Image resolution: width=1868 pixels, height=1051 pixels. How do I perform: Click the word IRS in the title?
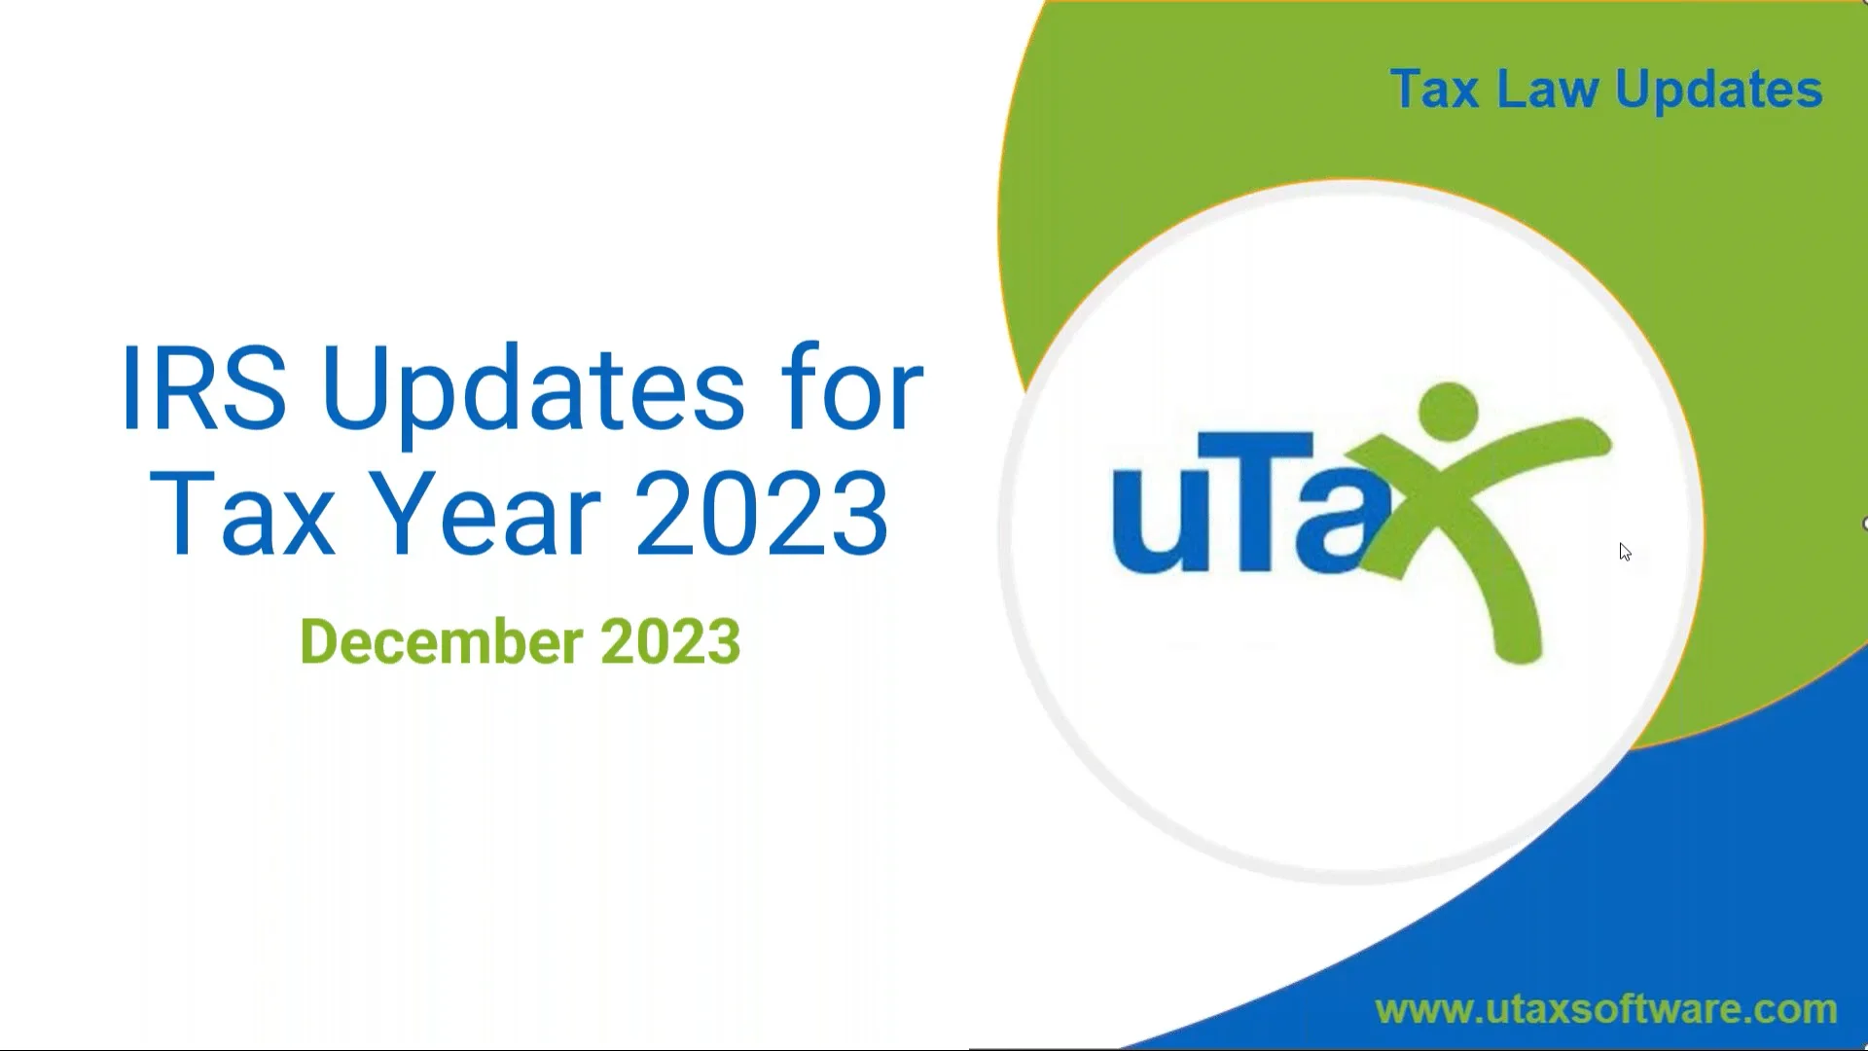pos(203,389)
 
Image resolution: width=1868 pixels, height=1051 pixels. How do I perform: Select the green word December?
pos(442,642)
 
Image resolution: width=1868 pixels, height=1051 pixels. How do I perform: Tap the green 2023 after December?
pos(670,642)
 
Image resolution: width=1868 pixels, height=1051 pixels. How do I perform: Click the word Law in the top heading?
pos(1547,90)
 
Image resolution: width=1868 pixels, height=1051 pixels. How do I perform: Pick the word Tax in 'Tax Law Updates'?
pos(1434,90)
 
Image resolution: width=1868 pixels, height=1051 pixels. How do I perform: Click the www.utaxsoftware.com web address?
pos(1605,1009)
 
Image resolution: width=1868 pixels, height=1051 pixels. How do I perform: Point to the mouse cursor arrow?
pos(1624,552)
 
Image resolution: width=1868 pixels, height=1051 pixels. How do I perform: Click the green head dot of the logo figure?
pos(1448,411)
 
